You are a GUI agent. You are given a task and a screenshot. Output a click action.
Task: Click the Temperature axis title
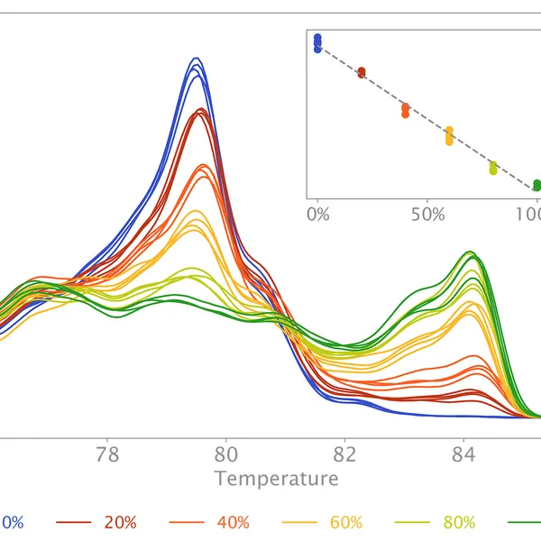pos(277,478)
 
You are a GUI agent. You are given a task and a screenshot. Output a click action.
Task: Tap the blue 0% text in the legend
pos(12,522)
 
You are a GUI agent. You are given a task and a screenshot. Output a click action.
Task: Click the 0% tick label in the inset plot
pos(317,215)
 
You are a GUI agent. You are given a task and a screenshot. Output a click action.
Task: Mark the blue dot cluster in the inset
pos(317,42)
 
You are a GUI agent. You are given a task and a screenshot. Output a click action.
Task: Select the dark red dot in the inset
pos(362,72)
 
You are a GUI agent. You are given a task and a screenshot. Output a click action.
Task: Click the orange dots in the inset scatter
pos(405,110)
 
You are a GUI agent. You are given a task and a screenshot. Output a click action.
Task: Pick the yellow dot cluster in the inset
pos(449,136)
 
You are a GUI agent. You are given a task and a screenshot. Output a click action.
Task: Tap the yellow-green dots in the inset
pos(493,168)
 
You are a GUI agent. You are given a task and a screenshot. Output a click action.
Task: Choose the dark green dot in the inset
pos(536,185)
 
